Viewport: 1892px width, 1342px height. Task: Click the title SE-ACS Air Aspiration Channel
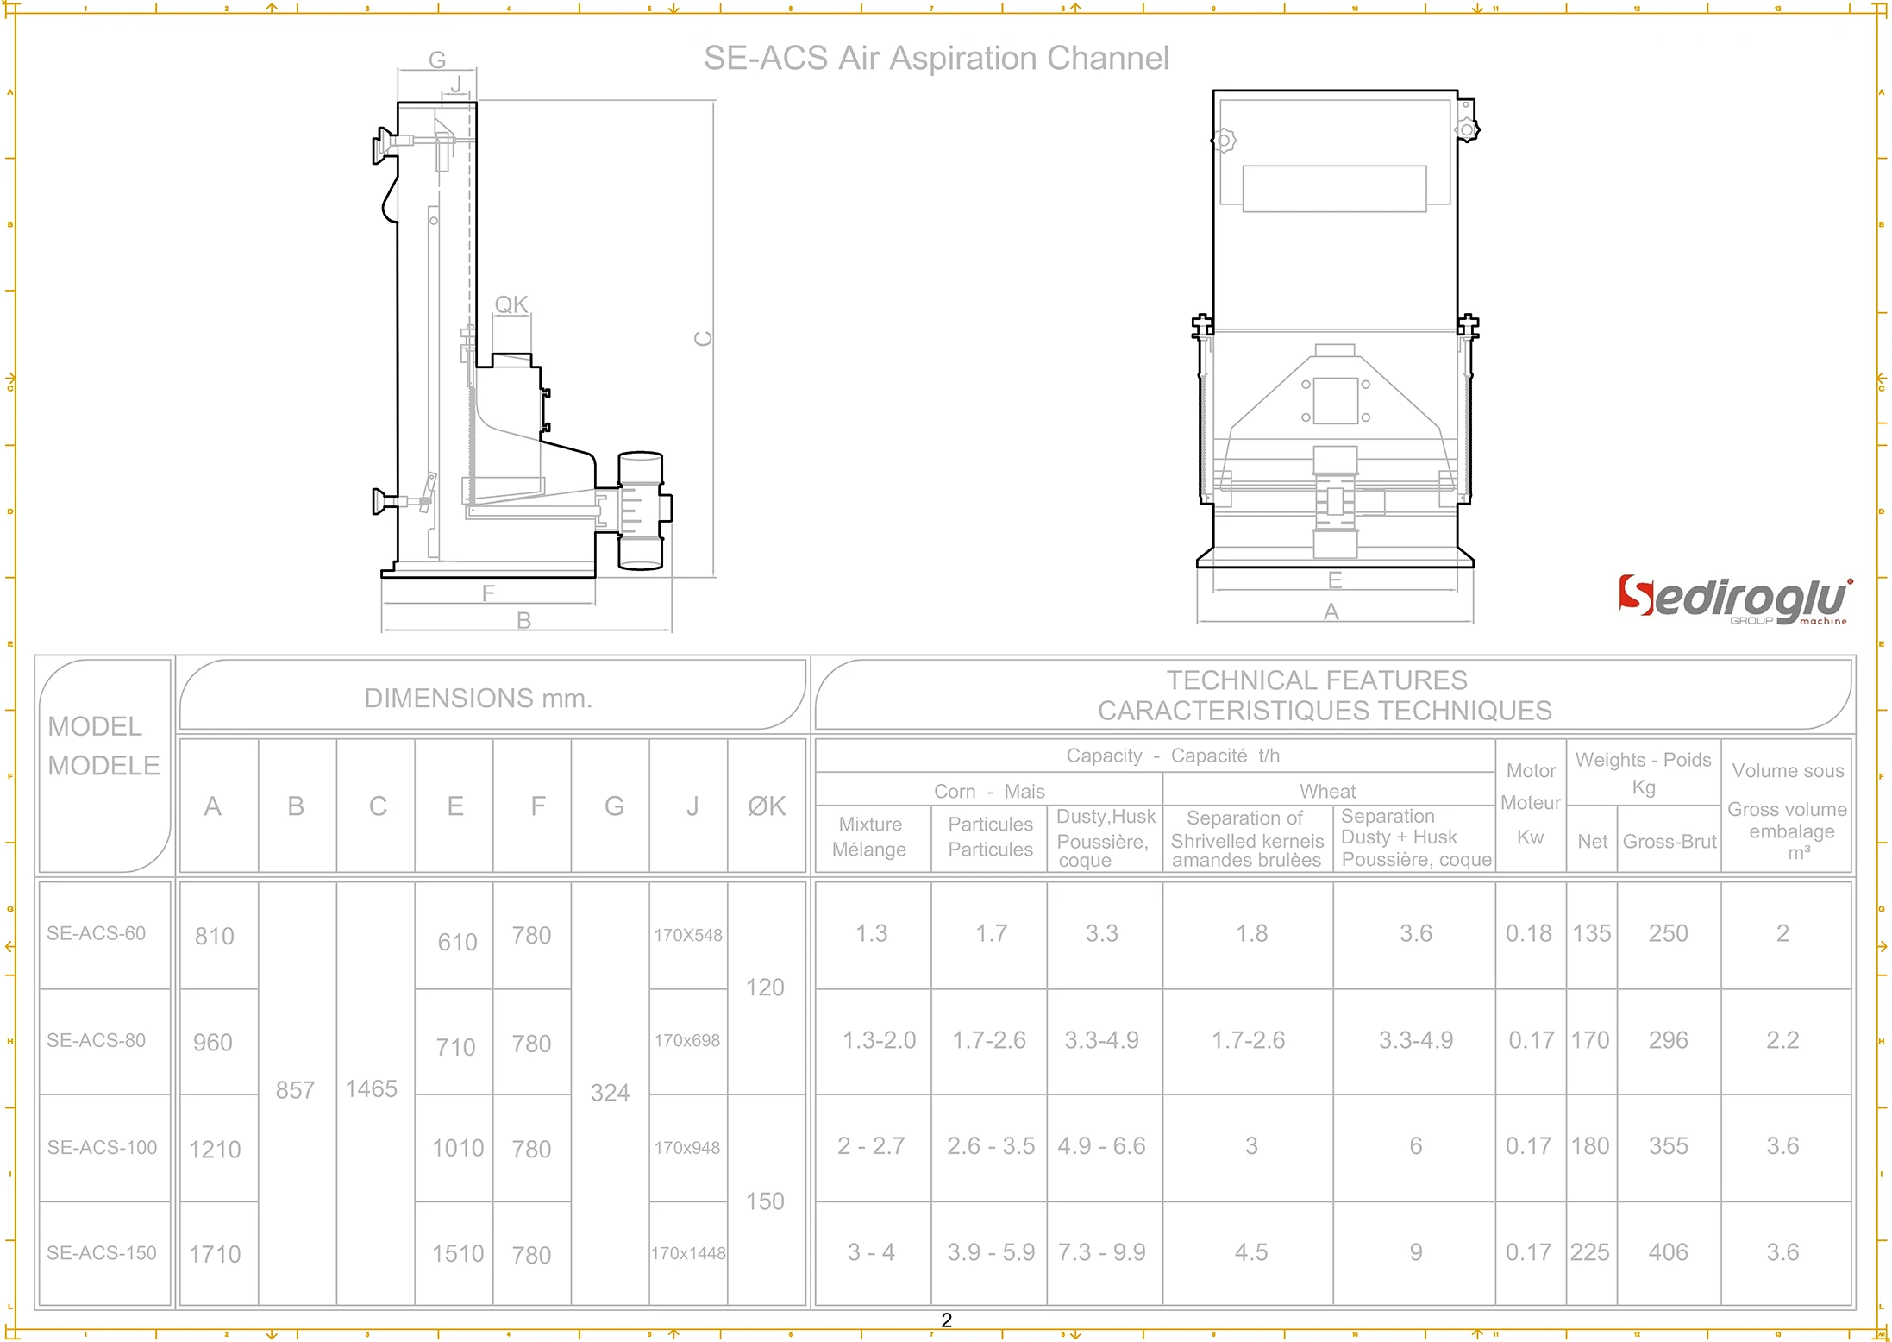click(x=936, y=59)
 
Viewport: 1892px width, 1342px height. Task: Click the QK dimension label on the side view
click(x=511, y=304)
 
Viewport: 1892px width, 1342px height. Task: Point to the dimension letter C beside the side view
click(x=704, y=338)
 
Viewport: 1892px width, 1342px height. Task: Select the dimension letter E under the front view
click(x=1335, y=580)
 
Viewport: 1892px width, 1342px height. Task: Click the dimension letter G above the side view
click(x=437, y=60)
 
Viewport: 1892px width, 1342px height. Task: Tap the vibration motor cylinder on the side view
click(x=641, y=510)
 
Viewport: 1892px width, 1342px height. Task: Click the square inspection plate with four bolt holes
click(x=1335, y=400)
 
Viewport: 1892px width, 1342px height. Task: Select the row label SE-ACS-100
click(x=103, y=1147)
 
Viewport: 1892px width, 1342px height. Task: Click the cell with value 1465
click(x=372, y=1088)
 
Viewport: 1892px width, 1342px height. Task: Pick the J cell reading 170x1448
click(x=688, y=1253)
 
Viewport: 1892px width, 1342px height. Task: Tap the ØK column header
click(x=766, y=806)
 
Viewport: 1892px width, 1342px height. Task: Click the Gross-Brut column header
click(x=1670, y=841)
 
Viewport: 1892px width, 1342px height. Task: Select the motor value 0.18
click(x=1528, y=933)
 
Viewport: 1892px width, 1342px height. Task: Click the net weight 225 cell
click(x=1590, y=1252)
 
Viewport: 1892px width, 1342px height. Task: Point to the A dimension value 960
click(x=213, y=1043)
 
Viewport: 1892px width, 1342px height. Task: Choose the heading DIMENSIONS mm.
click(x=478, y=698)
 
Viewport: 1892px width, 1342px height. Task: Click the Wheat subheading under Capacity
click(x=1327, y=791)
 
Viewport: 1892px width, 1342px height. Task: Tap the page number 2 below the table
click(x=946, y=1320)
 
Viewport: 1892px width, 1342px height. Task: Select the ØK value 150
click(x=765, y=1201)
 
